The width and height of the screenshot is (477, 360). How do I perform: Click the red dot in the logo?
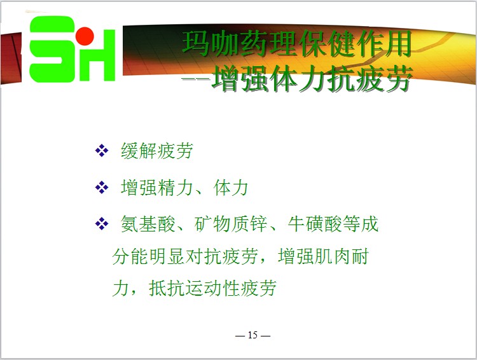point(85,36)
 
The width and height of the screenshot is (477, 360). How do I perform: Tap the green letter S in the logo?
point(52,49)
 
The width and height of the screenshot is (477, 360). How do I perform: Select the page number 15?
point(252,335)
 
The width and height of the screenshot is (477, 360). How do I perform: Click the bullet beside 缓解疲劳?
point(102,151)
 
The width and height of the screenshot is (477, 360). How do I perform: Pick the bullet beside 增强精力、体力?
point(102,188)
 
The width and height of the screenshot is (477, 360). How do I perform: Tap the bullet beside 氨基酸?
point(102,224)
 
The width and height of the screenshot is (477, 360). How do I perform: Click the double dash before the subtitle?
point(196,79)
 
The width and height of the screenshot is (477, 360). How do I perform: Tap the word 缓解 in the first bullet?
point(139,151)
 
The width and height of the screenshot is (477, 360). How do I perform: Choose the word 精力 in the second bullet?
point(176,188)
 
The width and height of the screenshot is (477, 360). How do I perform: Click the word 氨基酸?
point(148,224)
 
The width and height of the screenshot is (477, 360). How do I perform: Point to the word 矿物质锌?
point(230,224)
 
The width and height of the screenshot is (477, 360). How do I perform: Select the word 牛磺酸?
point(315,224)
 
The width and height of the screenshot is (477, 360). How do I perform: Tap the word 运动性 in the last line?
point(212,288)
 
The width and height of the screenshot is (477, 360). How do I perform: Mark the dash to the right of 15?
point(266,336)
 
